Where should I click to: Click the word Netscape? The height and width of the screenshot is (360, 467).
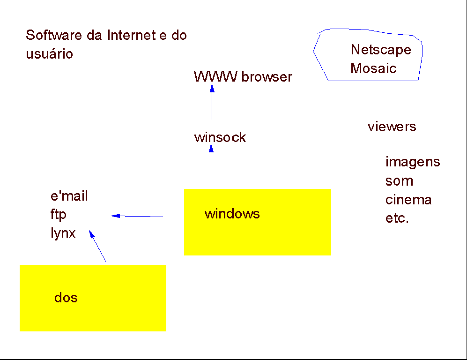pyautogui.click(x=381, y=50)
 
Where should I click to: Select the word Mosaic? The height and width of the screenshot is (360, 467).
pyautogui.click(x=373, y=68)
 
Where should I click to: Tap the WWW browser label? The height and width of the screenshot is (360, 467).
pyautogui.click(x=243, y=77)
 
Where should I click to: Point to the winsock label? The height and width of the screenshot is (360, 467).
pyautogui.click(x=220, y=138)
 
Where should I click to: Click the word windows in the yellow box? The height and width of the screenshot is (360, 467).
pyautogui.click(x=232, y=214)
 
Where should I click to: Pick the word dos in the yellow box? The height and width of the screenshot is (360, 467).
pyautogui.click(x=66, y=298)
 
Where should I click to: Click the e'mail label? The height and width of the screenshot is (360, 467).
pyautogui.click(x=69, y=196)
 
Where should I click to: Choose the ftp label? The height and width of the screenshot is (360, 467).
pyautogui.click(x=59, y=215)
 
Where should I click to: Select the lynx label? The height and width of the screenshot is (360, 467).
pyautogui.click(x=63, y=233)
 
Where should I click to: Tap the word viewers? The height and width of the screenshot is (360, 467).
pyautogui.click(x=392, y=127)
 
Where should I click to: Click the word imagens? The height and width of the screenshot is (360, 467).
pyautogui.click(x=413, y=162)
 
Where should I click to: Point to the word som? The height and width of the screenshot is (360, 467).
pyautogui.click(x=399, y=181)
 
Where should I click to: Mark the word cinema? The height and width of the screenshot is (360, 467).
pyautogui.click(x=408, y=200)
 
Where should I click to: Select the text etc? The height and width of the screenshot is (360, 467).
pyautogui.click(x=397, y=219)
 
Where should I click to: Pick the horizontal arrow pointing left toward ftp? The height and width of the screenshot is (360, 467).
pyautogui.click(x=137, y=216)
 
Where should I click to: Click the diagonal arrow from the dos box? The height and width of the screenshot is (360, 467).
pyautogui.click(x=97, y=246)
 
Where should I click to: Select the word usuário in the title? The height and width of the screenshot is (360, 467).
pyautogui.click(x=49, y=54)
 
